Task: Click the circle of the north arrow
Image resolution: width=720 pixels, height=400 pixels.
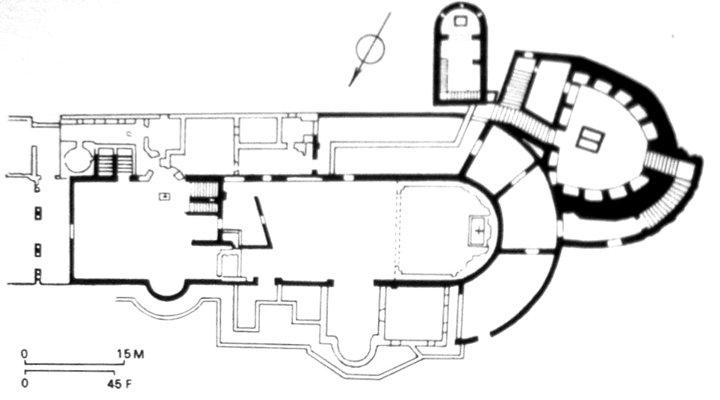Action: click(x=370, y=34)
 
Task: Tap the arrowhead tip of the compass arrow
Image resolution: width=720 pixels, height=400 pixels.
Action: click(x=350, y=86)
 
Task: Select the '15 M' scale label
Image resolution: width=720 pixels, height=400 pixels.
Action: click(x=131, y=354)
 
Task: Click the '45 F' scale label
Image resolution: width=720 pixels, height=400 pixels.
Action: click(x=120, y=384)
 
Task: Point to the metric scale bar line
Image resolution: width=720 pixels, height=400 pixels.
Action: click(x=74, y=363)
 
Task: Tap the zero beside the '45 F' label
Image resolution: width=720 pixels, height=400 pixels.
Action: click(x=25, y=384)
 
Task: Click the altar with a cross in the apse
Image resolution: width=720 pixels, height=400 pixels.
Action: click(x=480, y=230)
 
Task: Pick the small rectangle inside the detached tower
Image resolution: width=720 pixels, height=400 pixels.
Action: click(x=460, y=20)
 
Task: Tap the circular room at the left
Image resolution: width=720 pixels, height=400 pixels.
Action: click(x=77, y=159)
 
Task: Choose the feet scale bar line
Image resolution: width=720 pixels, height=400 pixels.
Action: click(x=69, y=372)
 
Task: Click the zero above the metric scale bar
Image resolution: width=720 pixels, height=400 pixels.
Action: click(x=25, y=354)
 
